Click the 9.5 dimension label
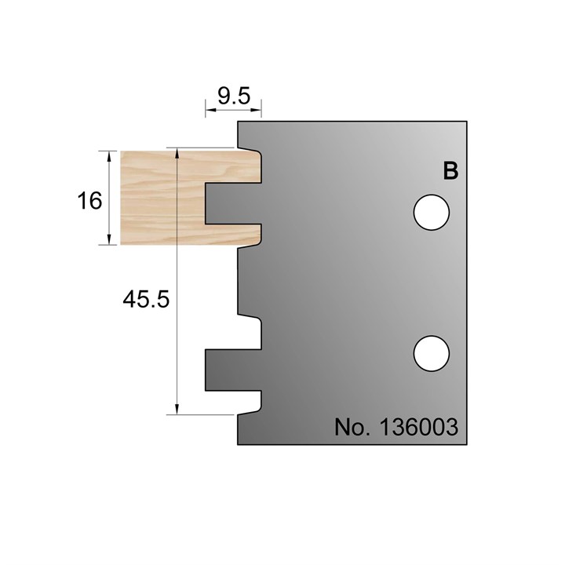pos(233,97)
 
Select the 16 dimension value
pos(90,201)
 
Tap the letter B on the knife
pos(450,171)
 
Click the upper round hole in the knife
pos(431,212)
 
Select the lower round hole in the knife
pos(431,352)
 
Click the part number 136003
pos(419,428)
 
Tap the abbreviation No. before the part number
pos(352,428)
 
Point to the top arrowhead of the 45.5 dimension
pos(178,151)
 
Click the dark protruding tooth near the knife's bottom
pos(231,370)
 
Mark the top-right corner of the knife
pos(466,122)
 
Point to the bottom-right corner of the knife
pos(466,444)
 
